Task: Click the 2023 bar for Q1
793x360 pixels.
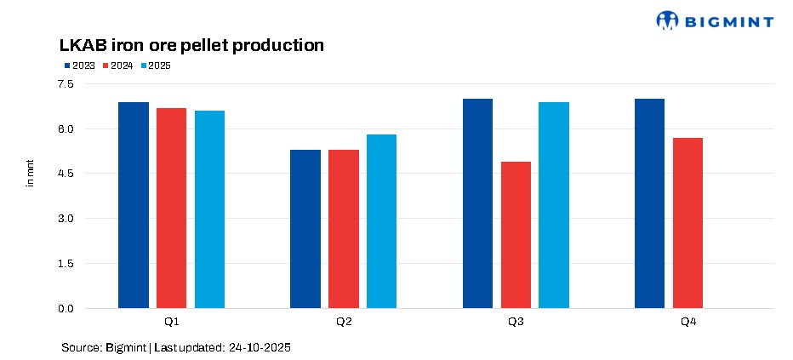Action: [x=134, y=205]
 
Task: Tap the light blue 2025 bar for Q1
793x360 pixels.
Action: [x=209, y=209]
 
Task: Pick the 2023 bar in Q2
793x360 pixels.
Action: [x=305, y=229]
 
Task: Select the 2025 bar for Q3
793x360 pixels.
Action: [x=554, y=205]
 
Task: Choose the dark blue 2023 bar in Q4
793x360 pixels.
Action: [x=650, y=203]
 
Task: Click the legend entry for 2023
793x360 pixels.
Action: [x=78, y=66]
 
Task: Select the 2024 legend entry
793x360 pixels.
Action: [x=117, y=66]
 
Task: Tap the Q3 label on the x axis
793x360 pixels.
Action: [x=516, y=323]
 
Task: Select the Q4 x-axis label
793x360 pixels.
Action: [x=687, y=323]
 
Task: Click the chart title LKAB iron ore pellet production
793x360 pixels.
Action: [x=191, y=45]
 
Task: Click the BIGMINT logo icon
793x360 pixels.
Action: [x=669, y=20]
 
